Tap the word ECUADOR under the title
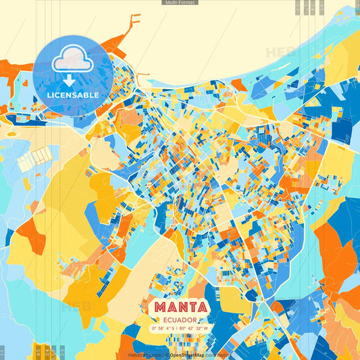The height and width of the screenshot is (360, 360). (x=180, y=319)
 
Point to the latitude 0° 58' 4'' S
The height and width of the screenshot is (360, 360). (x=165, y=329)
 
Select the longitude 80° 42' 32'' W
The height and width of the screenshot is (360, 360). (x=196, y=329)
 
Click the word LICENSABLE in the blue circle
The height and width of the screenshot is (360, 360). (x=72, y=95)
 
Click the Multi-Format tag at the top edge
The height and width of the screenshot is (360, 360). (x=180, y=3)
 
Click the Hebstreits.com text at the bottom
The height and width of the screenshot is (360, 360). (x=145, y=354)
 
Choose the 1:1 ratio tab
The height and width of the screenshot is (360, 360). (x=5, y=352)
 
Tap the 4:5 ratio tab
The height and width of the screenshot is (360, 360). (x=38, y=352)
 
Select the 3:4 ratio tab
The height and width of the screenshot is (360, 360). (x=46, y=352)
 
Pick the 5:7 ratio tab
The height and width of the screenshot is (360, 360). (x=53, y=352)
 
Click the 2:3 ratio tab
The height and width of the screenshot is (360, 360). (x=61, y=352)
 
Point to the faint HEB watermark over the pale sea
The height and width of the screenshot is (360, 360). (x=278, y=52)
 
